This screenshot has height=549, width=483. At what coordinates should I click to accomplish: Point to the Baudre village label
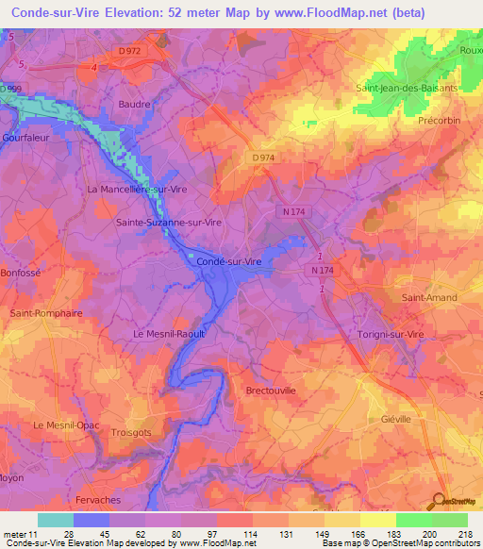(133, 105)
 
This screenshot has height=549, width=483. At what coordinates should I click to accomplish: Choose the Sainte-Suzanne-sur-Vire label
(168, 223)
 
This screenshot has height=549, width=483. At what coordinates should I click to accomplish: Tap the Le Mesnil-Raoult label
(169, 333)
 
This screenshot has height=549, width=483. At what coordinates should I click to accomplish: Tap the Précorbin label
(437, 121)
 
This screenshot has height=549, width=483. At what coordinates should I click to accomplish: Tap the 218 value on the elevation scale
(467, 535)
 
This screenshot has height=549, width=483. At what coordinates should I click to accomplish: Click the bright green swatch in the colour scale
(414, 520)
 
